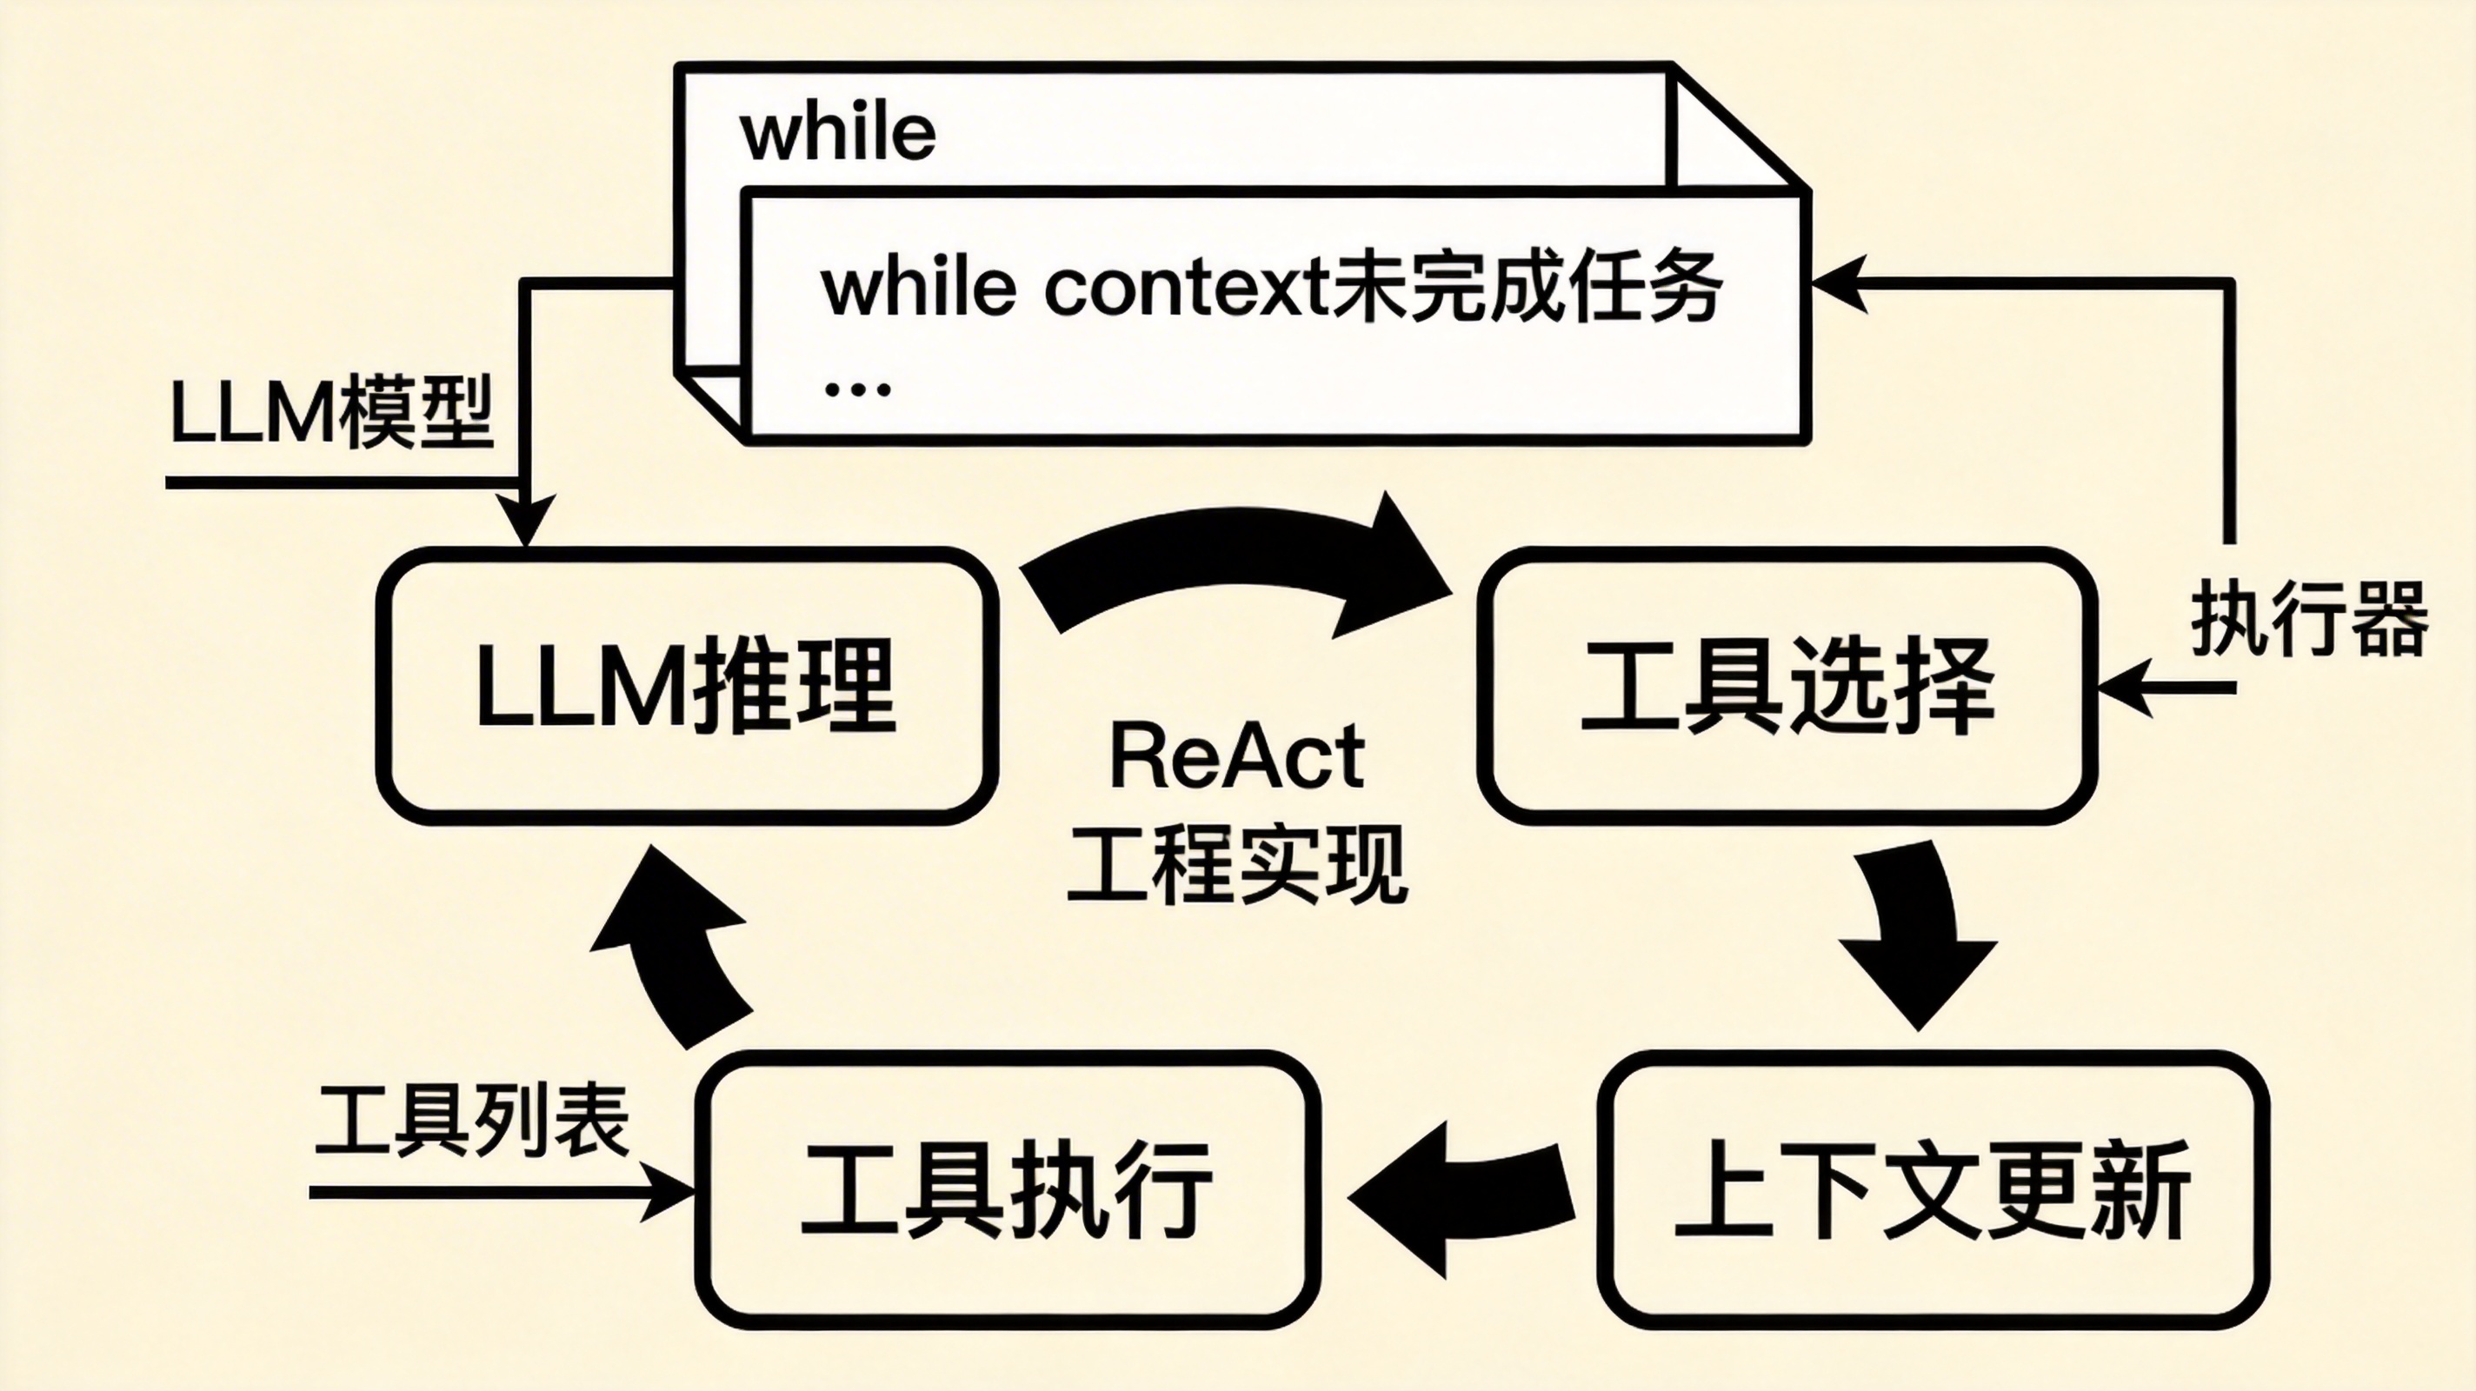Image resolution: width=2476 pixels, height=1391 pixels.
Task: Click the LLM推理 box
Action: coord(686,686)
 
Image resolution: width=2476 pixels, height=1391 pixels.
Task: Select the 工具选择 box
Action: coord(1787,686)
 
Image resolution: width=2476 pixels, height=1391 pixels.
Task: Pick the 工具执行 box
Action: coord(1008,1190)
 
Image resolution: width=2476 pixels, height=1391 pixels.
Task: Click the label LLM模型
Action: coord(331,413)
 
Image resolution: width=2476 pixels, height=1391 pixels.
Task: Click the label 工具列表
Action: coord(472,1120)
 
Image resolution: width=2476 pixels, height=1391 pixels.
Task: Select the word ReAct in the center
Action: coord(1237,756)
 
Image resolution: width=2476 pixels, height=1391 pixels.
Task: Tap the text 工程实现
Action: coord(1237,865)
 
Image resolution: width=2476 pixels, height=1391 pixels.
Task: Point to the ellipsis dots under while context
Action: coord(857,389)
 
